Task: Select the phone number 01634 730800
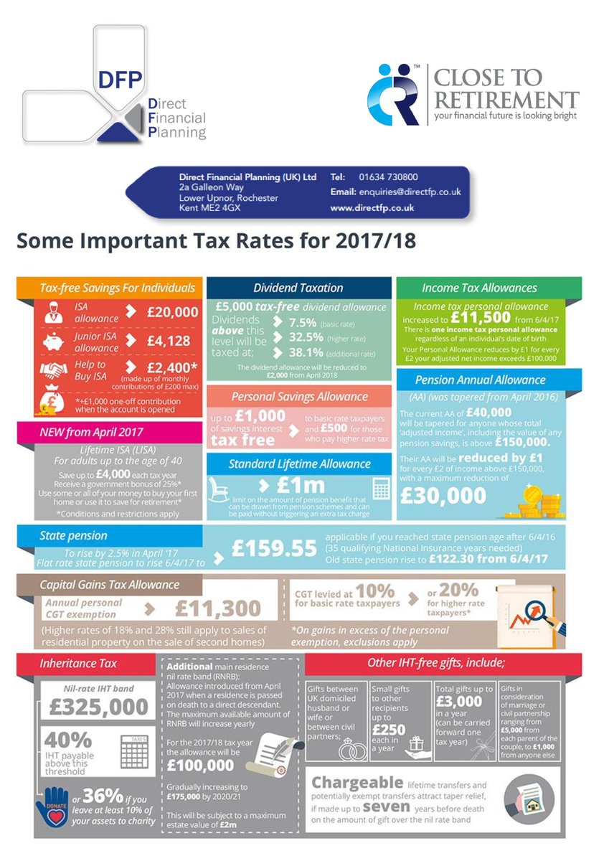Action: pos(384,177)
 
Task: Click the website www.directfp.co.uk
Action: pos(372,207)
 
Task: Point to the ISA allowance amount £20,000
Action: pos(172,312)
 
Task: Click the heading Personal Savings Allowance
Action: pos(299,397)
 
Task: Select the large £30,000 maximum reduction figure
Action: pos(450,497)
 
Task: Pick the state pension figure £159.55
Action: pos(273,549)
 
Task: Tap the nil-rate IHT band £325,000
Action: pos(99,707)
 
